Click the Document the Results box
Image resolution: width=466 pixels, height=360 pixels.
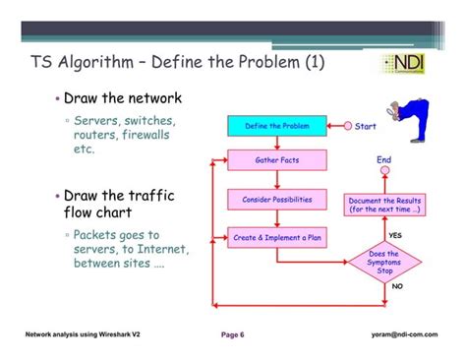384,205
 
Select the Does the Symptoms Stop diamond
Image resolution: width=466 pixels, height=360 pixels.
383,263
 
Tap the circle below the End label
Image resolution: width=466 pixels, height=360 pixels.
384,174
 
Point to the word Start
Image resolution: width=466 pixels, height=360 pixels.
366,126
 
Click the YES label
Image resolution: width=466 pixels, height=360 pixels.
394,235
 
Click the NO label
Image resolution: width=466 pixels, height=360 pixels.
397,286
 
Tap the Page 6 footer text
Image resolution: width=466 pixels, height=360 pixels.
232,334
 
